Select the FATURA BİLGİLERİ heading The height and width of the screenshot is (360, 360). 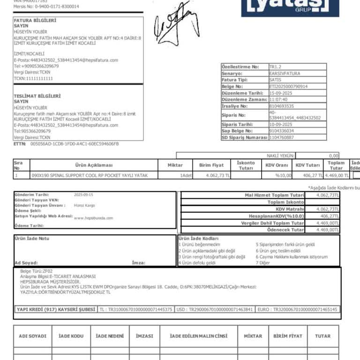pyautogui.click(x=35, y=21)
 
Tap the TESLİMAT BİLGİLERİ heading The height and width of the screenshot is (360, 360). pyautogui.click(x=37, y=96)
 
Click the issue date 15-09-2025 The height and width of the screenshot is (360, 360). pyautogui.click(x=281, y=93)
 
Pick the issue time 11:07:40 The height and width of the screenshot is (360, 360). pyautogui.click(x=278, y=100)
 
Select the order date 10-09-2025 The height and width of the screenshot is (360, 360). pyautogui.click(x=281, y=125)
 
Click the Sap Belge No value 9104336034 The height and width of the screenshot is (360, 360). pyautogui.click(x=281, y=131)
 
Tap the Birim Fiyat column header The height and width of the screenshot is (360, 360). pyautogui.click(x=212, y=165)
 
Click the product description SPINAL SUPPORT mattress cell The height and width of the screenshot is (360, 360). pyautogui.click(x=90, y=175)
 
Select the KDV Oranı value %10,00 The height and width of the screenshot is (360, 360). pyautogui.click(x=283, y=175)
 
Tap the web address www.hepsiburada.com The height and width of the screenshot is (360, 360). pyautogui.click(x=93, y=218)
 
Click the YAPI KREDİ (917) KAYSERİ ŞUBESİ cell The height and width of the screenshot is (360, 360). pyautogui.click(x=55, y=310)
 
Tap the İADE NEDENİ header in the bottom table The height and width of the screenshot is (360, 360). pyautogui.click(x=110, y=336)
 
